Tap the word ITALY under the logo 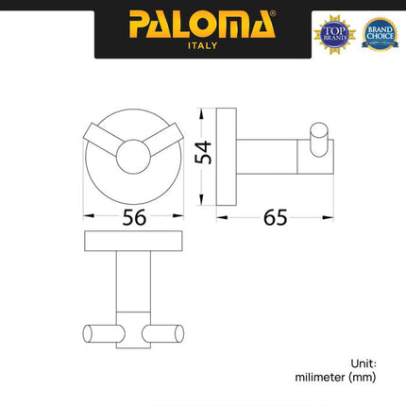tap(202, 45)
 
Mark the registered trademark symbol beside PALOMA tap(275, 14)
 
